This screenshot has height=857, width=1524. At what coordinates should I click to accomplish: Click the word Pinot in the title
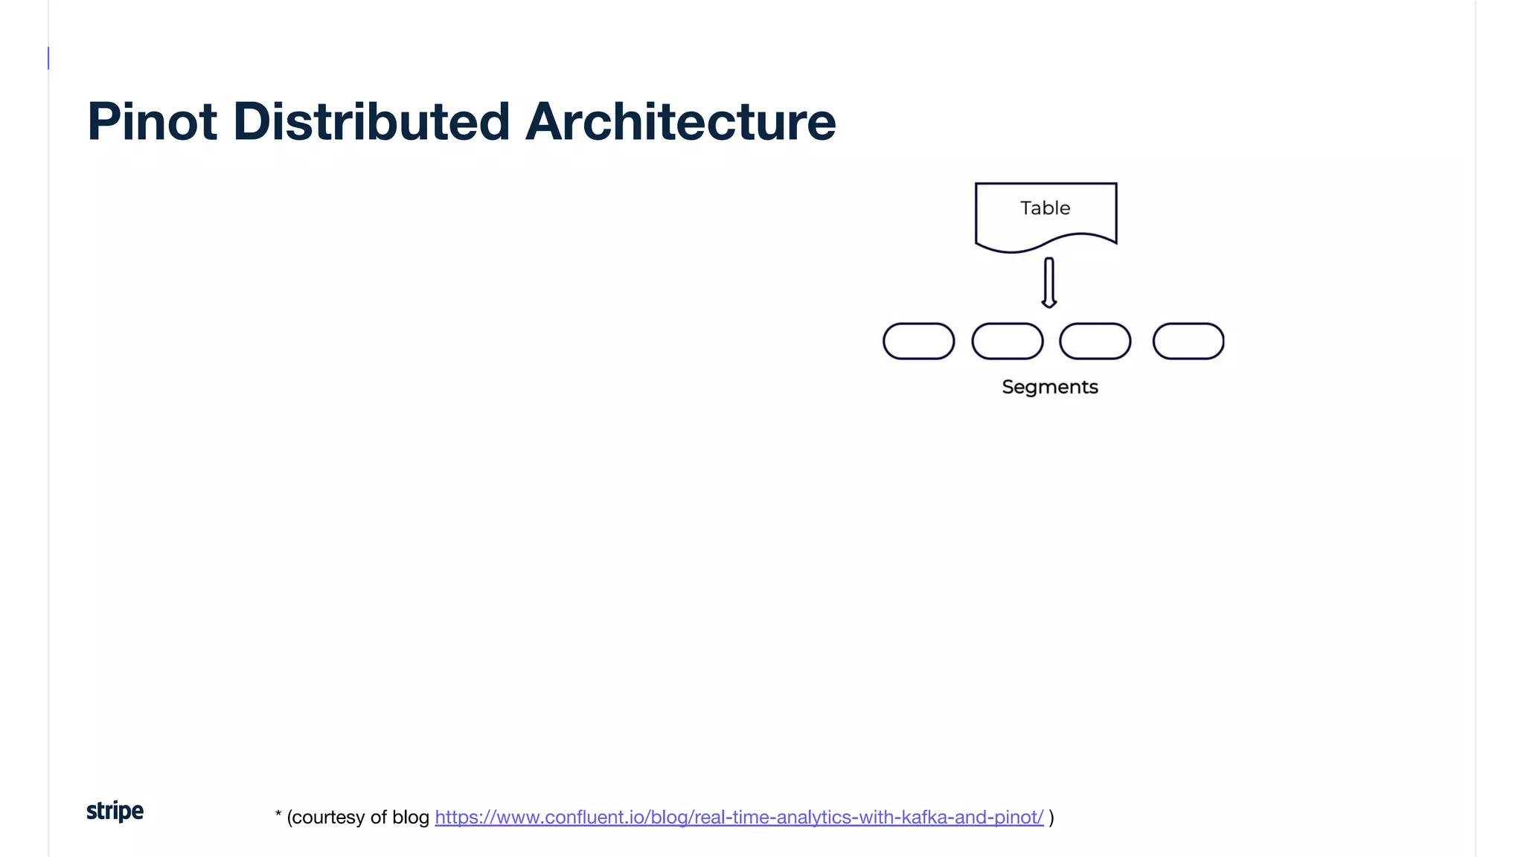coord(152,121)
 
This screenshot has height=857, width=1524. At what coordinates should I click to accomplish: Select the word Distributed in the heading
coord(371,121)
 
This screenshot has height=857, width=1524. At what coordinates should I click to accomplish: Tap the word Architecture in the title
coord(680,121)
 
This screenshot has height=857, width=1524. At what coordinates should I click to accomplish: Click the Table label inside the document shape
coord(1045,208)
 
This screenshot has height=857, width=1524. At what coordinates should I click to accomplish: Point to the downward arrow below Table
coord(1048,281)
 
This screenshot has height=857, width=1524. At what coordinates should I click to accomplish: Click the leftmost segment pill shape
coord(918,341)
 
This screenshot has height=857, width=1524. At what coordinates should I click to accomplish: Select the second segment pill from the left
coord(1007,341)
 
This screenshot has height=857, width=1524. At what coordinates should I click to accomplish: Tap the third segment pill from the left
coord(1095,341)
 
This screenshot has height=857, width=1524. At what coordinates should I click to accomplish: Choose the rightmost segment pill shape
coord(1188,341)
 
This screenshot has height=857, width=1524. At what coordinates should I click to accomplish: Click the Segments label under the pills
coord(1049,387)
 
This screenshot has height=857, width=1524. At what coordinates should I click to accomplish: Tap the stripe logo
coord(115,811)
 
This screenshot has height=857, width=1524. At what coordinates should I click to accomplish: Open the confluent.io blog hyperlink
coord(739,817)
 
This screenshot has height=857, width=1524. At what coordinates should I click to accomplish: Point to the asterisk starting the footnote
coord(278,815)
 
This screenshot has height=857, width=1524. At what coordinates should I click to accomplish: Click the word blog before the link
coord(410,817)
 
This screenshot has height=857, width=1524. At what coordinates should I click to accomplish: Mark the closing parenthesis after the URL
coord(1051,817)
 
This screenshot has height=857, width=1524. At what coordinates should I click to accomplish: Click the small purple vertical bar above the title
coord(48,58)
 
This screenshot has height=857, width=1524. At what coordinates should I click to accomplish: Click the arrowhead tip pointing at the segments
coord(1048,304)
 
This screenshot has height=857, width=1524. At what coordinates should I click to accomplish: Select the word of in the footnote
coord(378,817)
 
